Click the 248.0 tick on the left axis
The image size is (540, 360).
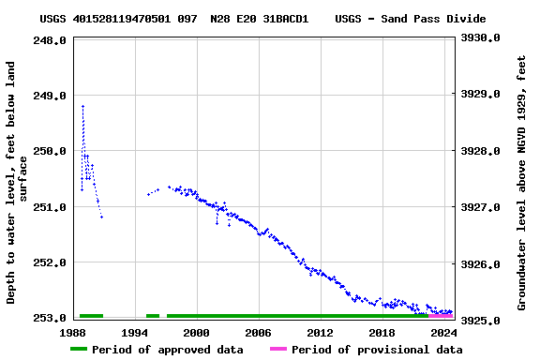pos(50,40)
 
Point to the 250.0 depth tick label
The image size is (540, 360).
pos(50,151)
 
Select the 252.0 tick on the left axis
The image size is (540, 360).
pos(50,262)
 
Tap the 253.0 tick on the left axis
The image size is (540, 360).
pos(50,318)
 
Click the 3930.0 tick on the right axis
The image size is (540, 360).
pos(480,37)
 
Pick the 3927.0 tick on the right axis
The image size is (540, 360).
pos(480,207)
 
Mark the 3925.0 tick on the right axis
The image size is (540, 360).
pos(480,321)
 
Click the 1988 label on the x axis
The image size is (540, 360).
pos(73,332)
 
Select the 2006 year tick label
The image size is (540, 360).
pos(258,332)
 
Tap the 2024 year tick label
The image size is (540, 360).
pos(443,332)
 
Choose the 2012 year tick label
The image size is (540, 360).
pos(320,332)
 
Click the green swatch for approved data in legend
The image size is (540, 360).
pos(79,350)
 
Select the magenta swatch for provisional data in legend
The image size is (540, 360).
pos(278,350)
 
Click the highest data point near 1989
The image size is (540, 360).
pos(82,106)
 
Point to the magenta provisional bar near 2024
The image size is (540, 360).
pos(441,316)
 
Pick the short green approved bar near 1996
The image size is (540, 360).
pos(153,316)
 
